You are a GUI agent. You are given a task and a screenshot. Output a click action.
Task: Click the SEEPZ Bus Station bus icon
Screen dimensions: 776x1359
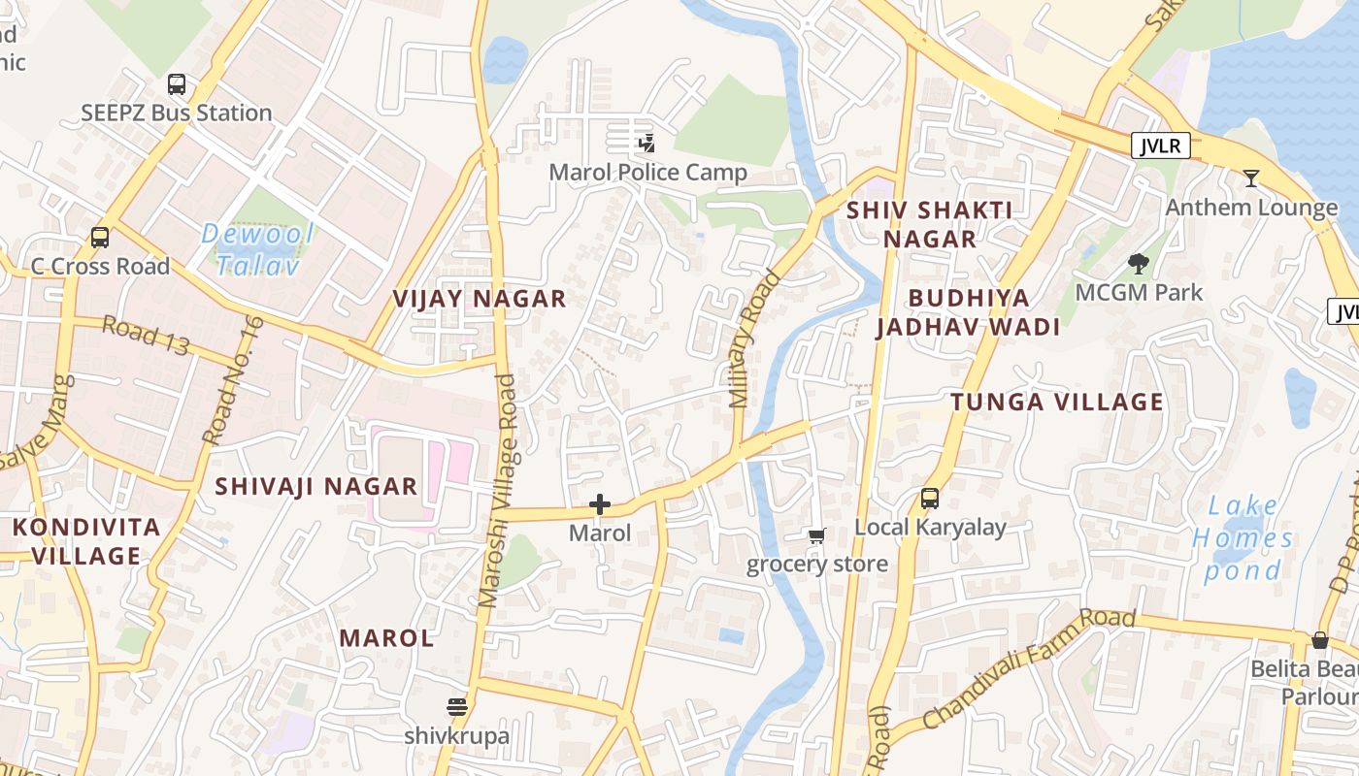176,84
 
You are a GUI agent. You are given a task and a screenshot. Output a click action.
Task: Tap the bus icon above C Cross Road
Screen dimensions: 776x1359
99,237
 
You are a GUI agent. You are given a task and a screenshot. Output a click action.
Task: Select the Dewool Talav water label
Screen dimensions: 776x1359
257,249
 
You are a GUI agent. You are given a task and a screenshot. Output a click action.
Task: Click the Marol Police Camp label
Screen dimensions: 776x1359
647,173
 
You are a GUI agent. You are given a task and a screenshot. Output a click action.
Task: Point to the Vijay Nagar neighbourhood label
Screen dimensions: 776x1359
480,299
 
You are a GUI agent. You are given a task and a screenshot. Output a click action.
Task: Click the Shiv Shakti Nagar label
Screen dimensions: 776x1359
929,224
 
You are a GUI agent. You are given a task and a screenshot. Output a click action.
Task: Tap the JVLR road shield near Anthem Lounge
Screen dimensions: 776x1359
1160,146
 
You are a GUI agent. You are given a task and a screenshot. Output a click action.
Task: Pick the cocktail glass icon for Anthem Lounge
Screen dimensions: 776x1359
1251,178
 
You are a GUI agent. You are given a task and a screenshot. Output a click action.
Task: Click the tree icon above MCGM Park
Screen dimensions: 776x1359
1138,263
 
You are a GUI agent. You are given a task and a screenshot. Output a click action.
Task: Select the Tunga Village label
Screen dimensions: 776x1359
1056,402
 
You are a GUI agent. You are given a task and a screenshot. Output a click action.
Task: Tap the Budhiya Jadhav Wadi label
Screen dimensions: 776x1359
968,312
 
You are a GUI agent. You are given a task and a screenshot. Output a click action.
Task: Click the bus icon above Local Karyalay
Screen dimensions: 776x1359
929,499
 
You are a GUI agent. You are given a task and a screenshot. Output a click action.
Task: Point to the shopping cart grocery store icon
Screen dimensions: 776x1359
816,535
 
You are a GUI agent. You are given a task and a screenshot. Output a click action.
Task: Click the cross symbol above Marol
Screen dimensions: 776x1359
600,504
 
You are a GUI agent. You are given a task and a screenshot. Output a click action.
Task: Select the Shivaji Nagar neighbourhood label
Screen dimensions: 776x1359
315,486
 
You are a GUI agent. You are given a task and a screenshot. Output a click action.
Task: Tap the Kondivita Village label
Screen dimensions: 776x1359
86,541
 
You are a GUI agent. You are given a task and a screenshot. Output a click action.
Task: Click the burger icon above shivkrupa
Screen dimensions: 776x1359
456,706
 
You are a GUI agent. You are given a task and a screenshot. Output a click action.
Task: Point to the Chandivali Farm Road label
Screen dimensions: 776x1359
1028,668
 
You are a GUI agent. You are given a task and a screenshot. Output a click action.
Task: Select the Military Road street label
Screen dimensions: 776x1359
755,339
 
